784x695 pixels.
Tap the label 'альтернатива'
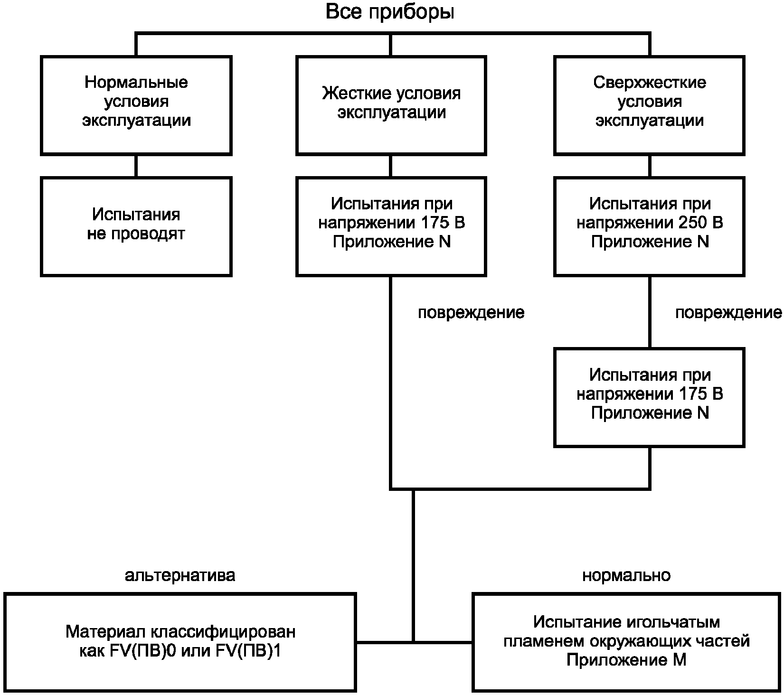coord(180,575)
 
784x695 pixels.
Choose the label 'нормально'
coord(626,575)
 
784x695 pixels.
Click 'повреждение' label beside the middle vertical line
coord(471,312)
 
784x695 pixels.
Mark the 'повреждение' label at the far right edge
coord(729,312)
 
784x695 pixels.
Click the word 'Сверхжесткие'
coord(650,83)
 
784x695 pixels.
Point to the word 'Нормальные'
coord(136,83)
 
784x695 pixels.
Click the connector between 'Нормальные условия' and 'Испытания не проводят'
coord(136,166)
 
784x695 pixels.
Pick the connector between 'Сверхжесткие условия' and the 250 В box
coord(650,166)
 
